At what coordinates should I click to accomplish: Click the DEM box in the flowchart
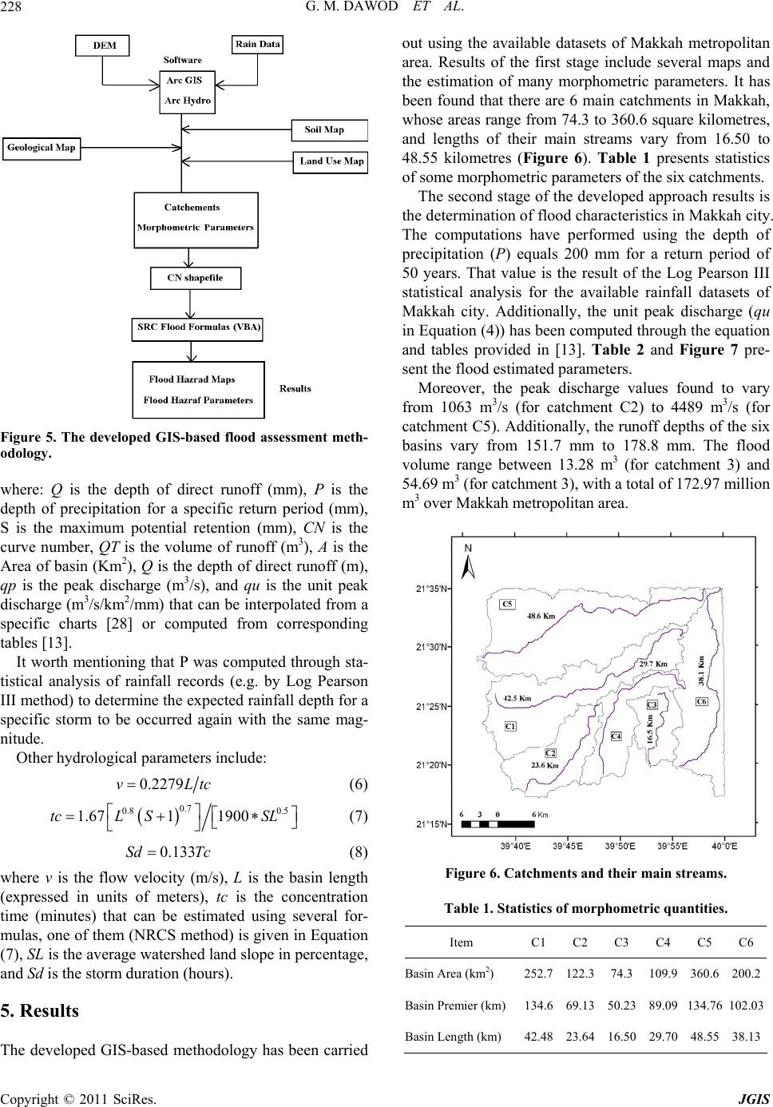(x=103, y=46)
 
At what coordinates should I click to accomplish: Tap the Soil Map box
(x=323, y=129)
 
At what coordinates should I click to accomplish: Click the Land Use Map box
(x=331, y=161)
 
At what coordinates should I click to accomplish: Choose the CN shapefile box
(x=195, y=278)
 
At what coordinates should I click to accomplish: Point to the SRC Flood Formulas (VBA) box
(x=197, y=327)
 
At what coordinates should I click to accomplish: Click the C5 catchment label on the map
(x=508, y=604)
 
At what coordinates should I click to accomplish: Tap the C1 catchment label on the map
(x=511, y=725)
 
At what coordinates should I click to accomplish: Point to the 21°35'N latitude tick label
(x=434, y=589)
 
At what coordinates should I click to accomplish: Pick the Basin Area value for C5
(x=704, y=974)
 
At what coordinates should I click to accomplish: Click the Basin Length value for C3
(x=621, y=1037)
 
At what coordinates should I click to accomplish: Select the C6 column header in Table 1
(x=746, y=942)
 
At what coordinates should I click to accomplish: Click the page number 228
(x=15, y=10)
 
